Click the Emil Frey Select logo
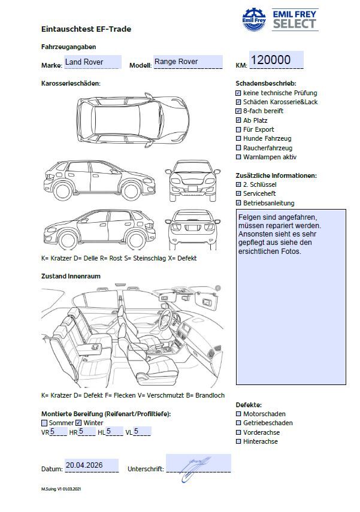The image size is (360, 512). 280,19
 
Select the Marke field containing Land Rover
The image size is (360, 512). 92,62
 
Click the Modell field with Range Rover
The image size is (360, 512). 188,62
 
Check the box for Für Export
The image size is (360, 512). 238,129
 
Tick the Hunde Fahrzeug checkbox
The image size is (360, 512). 238,138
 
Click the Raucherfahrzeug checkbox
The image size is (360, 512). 238,148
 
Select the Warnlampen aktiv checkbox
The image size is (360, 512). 238,157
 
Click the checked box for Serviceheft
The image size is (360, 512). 238,194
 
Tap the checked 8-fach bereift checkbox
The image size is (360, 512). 238,111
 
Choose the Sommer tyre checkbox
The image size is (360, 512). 44,423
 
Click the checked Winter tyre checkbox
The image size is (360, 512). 78,423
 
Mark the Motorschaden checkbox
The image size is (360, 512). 238,414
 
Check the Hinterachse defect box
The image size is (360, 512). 238,441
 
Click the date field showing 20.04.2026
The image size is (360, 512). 91,465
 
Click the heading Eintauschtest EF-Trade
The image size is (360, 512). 86,29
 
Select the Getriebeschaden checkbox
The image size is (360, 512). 238,423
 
